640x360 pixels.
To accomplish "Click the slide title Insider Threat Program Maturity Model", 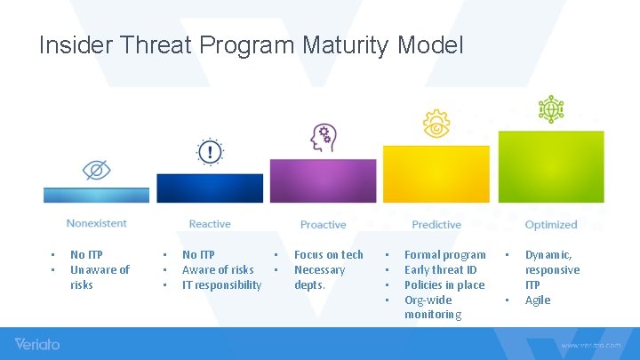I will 251,44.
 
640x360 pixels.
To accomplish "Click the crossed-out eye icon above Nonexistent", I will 96,170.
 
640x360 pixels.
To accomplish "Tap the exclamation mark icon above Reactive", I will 210,153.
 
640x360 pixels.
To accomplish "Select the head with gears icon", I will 322,138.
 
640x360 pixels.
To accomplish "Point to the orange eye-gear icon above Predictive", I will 436,124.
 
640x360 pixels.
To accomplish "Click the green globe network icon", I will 550,109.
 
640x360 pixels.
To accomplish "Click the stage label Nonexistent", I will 96,224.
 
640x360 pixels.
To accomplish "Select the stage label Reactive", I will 210,224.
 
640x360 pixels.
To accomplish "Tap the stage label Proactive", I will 323,225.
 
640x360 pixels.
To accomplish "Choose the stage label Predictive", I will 436,225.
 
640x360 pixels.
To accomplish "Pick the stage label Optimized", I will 551,225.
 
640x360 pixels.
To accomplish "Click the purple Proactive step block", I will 323,180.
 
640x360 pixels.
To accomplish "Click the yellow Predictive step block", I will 436,174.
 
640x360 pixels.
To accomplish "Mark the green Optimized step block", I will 550,166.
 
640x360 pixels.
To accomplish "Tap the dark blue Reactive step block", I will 210,188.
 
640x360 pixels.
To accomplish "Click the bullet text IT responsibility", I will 221,284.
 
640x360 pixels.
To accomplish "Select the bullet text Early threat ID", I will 440,269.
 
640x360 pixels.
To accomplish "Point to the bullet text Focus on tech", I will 328,254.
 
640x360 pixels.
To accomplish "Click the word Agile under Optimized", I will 538,300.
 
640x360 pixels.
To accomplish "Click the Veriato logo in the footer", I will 37,343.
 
